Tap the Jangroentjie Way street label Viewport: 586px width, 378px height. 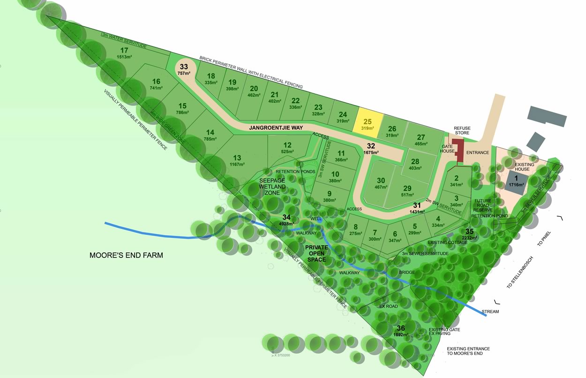point(276,128)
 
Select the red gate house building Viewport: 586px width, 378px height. point(458,151)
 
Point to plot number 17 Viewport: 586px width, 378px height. point(124,51)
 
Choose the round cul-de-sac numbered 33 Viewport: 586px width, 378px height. point(184,69)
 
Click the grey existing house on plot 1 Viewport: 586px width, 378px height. point(515,181)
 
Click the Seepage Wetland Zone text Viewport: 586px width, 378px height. point(272,187)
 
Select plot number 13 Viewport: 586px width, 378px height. point(238,158)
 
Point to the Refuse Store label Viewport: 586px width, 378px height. point(462,130)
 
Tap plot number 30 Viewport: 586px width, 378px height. point(381,181)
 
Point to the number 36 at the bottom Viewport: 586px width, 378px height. point(401,328)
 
